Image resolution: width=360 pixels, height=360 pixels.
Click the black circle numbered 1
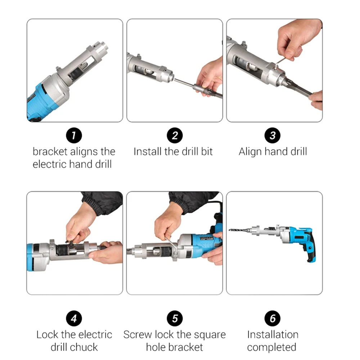pos(74,135)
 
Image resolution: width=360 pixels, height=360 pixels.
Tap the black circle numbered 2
pos(175,135)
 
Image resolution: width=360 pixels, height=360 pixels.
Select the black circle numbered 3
pos(273,135)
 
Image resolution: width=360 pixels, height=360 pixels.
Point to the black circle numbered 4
pos(74,319)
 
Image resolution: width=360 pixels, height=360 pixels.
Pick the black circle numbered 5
pos(175,319)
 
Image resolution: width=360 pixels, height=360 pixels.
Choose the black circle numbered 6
pos(273,319)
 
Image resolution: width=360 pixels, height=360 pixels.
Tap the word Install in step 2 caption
pos(147,152)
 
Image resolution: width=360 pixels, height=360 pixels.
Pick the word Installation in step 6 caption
pos(273,334)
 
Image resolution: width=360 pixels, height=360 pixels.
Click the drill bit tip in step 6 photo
pos(230,230)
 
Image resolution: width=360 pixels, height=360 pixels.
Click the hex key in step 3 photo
pos(280,62)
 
